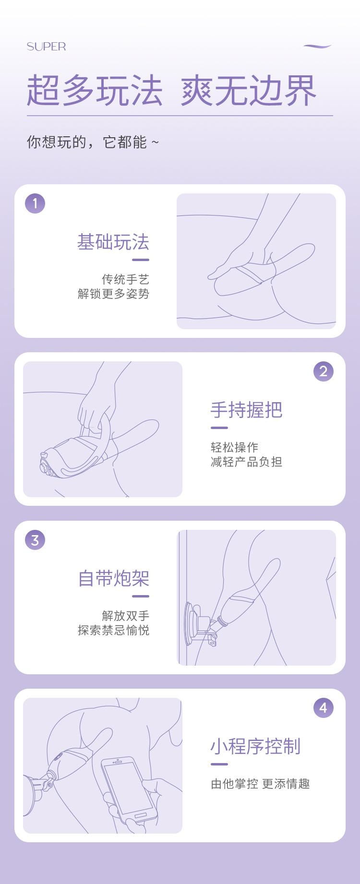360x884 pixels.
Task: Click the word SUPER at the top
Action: (46, 47)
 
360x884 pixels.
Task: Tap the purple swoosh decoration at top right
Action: (317, 46)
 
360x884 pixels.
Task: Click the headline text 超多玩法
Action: (95, 90)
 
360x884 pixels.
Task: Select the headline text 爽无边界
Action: (248, 90)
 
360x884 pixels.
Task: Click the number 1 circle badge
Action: (35, 203)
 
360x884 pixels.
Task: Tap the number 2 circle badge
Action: (323, 371)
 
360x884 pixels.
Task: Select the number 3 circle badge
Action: (35, 540)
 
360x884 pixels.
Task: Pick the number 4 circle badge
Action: (323, 708)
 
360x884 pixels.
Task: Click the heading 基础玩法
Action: (113, 242)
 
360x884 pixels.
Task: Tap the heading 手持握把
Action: (246, 410)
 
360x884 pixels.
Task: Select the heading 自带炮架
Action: (113, 578)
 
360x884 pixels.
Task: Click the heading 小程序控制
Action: (255, 746)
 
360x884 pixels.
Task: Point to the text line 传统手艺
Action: (125, 279)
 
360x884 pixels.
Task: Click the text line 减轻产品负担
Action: (246, 462)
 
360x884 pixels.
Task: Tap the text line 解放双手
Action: (125, 616)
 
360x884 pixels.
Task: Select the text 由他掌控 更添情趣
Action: (260, 784)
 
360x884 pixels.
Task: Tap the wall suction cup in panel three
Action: (191, 623)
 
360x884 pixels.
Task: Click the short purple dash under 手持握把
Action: (219, 428)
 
